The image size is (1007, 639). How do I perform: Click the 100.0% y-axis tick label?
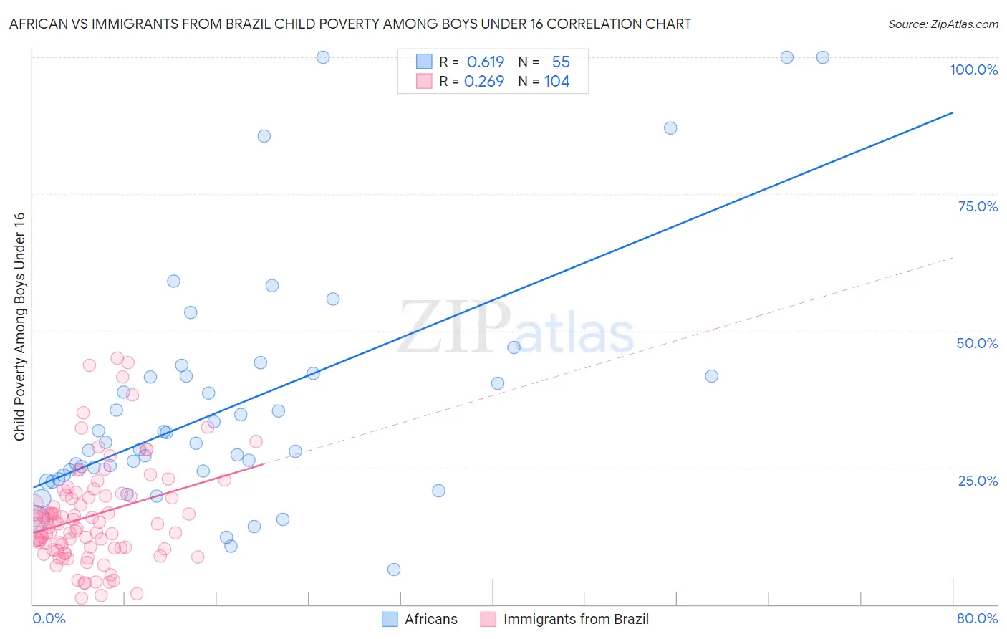point(973,69)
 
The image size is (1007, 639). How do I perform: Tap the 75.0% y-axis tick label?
point(978,206)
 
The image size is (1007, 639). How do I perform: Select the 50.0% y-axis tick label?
point(977,343)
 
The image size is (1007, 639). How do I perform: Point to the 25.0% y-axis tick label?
point(978,480)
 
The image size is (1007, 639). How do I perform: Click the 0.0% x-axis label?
point(49,618)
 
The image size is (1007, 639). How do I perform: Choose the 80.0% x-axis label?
point(977,618)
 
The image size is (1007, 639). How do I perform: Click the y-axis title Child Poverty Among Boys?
point(19,327)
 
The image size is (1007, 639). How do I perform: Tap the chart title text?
point(350,24)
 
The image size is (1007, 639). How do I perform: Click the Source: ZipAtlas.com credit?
point(943,24)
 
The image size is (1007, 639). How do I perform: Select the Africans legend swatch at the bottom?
point(390,619)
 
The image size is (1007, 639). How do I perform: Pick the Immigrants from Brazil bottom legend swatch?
point(488,619)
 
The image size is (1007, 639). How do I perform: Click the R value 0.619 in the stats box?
point(486,62)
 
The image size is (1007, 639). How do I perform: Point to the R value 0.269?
point(484,81)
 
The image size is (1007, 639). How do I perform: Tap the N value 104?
point(556,81)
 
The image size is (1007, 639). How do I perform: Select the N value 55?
point(561,62)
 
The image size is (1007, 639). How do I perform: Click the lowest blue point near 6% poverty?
point(394,570)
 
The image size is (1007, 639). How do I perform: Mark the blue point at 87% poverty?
point(670,128)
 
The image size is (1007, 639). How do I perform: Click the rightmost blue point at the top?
point(823,57)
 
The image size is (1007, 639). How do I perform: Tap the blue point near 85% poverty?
point(264,136)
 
